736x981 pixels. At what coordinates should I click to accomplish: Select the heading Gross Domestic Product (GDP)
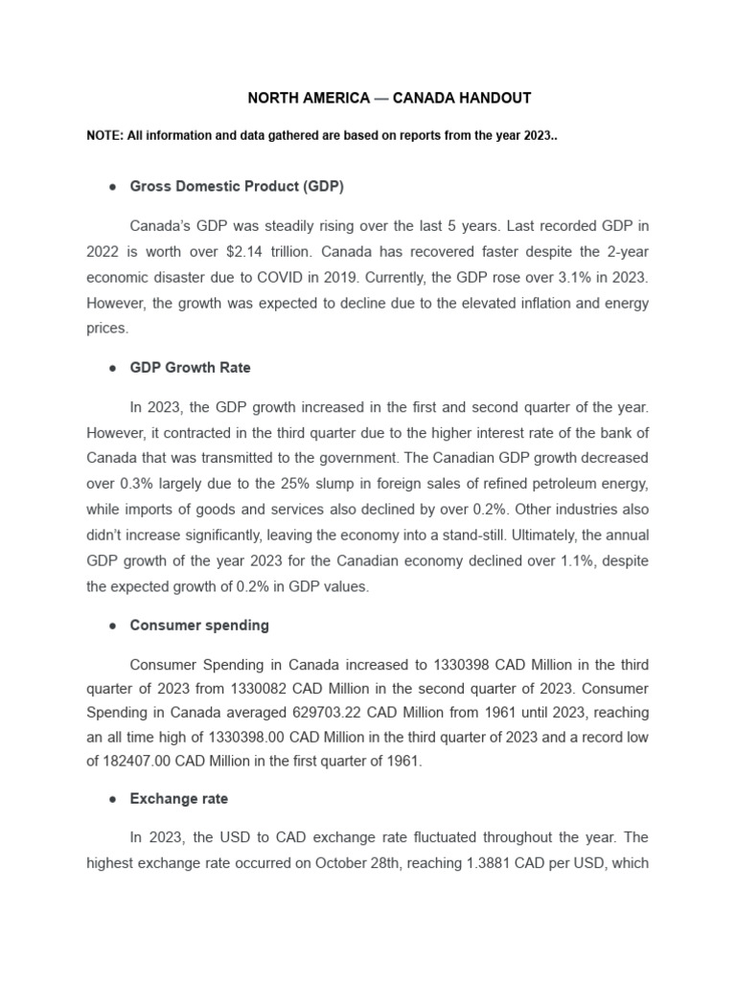point(237,186)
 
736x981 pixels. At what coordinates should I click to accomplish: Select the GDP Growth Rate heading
point(190,367)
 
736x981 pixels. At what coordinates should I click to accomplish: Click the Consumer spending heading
point(199,626)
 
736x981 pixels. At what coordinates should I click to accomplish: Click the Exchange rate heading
point(179,798)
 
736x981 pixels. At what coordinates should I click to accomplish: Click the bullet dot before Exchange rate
point(112,799)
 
